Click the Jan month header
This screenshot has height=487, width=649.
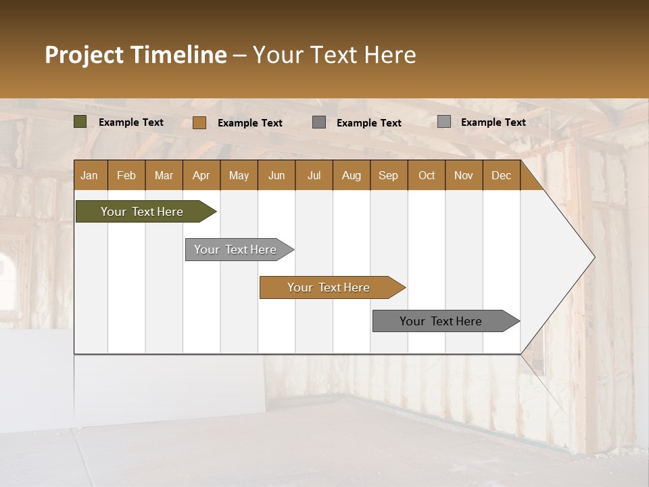[90, 175]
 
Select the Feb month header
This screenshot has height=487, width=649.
[126, 175]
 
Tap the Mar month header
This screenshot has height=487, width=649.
[164, 175]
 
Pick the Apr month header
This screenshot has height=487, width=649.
[201, 175]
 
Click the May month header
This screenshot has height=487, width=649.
[239, 175]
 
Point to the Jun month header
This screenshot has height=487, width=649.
[277, 175]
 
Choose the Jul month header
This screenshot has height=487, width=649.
[314, 175]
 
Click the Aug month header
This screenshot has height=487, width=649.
[352, 175]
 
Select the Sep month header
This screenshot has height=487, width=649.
[389, 175]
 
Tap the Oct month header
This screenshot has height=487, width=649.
[427, 175]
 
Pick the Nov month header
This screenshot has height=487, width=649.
[464, 175]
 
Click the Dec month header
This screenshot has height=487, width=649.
[502, 175]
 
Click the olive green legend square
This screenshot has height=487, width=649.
[80, 122]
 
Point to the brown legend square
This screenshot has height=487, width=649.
[199, 122]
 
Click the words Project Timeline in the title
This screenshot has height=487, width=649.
[135, 55]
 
